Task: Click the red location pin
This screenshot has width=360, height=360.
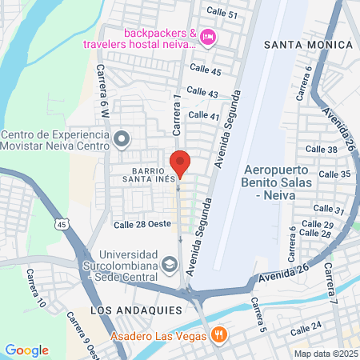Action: tap(180, 162)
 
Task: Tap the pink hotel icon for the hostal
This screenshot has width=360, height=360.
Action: tap(208, 36)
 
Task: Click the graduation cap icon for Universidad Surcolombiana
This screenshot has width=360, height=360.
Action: tap(170, 263)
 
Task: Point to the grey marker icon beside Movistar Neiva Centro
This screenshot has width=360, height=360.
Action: tap(122, 140)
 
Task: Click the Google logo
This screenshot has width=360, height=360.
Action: tap(26, 350)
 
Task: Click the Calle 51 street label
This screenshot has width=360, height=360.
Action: tap(222, 14)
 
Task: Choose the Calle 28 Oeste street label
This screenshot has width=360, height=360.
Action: tap(142, 224)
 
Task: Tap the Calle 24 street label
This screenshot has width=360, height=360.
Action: tap(306, 327)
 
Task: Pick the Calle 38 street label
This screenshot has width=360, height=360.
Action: tap(322, 150)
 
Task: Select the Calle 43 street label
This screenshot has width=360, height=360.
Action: tap(202, 94)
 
